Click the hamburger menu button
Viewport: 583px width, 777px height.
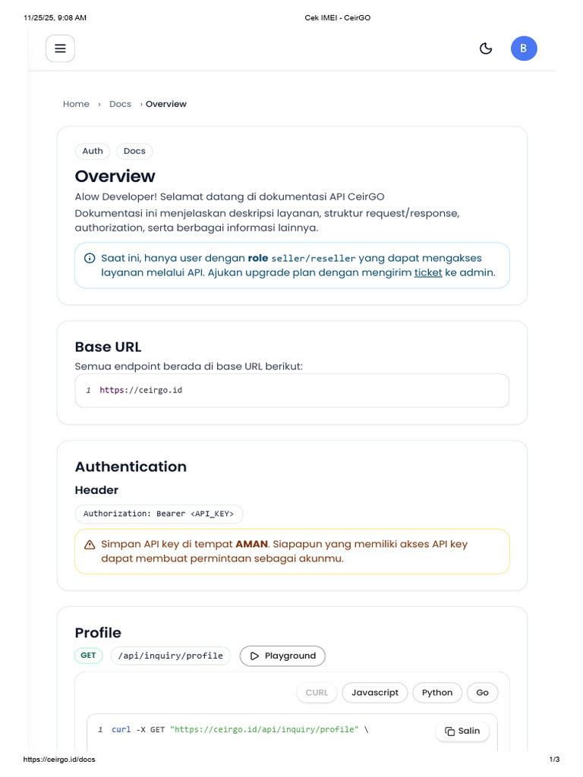[x=60, y=49]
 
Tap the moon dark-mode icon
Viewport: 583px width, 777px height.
[x=486, y=49]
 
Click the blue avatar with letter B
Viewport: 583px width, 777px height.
[x=524, y=49]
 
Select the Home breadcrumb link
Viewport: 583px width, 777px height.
[x=76, y=104]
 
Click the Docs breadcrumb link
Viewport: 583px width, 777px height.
[x=120, y=104]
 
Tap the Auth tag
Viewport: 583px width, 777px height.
[x=93, y=151]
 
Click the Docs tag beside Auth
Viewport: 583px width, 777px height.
[x=134, y=151]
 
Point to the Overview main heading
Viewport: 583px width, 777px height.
[x=115, y=176]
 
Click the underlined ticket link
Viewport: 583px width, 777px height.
[x=428, y=272]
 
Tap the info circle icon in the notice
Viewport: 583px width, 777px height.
[x=90, y=258]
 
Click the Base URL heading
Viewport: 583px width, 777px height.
[x=108, y=347]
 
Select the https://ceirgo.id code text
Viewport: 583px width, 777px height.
[x=141, y=390]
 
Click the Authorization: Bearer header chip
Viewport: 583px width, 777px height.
[x=159, y=514]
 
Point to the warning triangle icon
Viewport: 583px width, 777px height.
[x=90, y=545]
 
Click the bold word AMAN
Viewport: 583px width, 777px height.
[x=251, y=544]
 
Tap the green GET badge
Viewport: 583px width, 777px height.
[x=88, y=655]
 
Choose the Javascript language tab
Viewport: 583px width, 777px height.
[x=375, y=693]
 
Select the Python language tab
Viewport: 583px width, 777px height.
[x=437, y=693]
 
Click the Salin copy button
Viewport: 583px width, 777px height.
[x=462, y=731]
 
